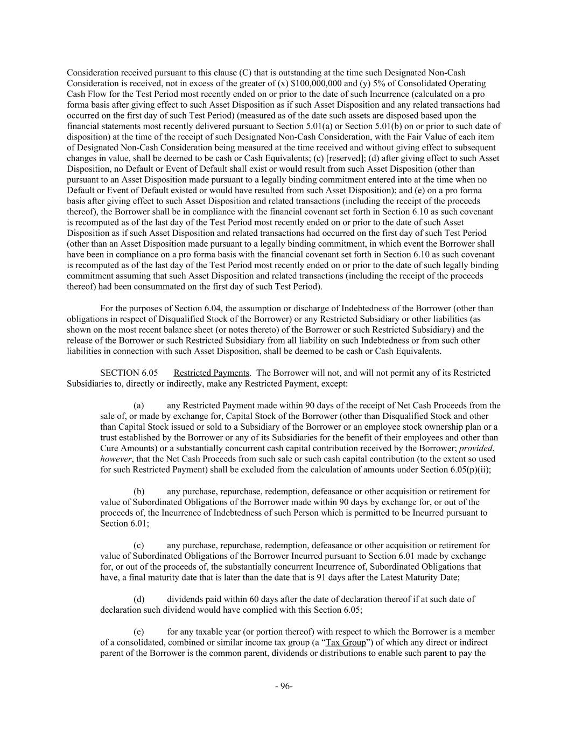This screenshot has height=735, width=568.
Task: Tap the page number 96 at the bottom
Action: click(x=284, y=686)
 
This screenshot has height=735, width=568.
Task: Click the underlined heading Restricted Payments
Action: click(x=212, y=373)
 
